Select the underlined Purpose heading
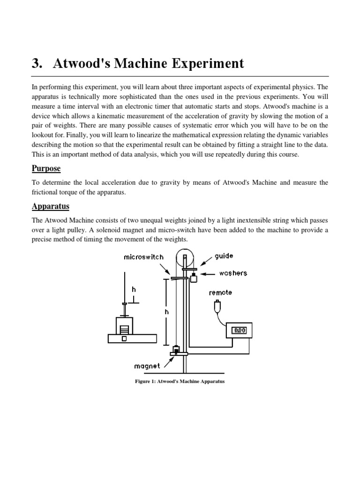click(x=46, y=168)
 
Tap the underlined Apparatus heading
click(x=50, y=206)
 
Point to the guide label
click(x=224, y=256)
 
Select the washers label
click(x=232, y=273)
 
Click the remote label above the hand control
click(x=220, y=292)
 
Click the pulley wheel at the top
click(x=184, y=257)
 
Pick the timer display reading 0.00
click(x=239, y=330)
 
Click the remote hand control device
click(x=216, y=307)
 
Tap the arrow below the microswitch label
click(x=166, y=270)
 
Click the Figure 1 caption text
click(x=180, y=382)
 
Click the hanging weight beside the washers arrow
click(x=193, y=278)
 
